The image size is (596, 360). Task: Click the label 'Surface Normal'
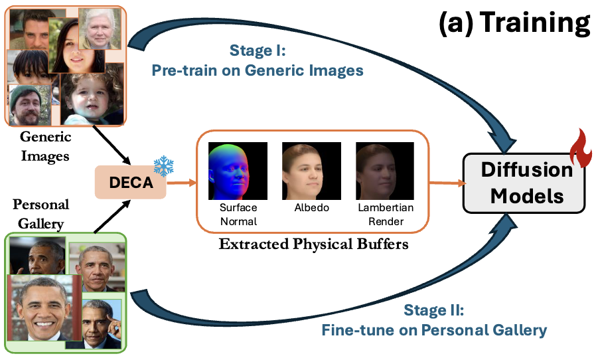point(238,215)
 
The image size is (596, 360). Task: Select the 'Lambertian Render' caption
point(385,215)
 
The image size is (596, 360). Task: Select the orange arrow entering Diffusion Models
point(445,181)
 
